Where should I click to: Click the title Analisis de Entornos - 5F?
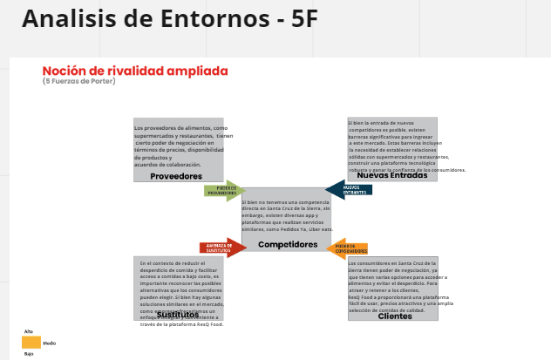point(169,19)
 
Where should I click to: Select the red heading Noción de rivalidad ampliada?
point(135,71)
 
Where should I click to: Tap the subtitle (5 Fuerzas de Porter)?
point(78,81)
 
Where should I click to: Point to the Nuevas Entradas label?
point(391,176)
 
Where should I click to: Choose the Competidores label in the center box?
point(287,245)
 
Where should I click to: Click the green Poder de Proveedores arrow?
point(224,191)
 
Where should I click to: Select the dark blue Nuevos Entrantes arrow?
point(349,190)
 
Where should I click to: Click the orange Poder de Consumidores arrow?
point(350,248)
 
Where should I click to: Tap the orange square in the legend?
point(31,343)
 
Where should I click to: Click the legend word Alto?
point(29,332)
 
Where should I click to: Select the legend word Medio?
point(50,343)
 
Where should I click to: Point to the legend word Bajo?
point(29,354)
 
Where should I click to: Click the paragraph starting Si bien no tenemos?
point(287,215)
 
